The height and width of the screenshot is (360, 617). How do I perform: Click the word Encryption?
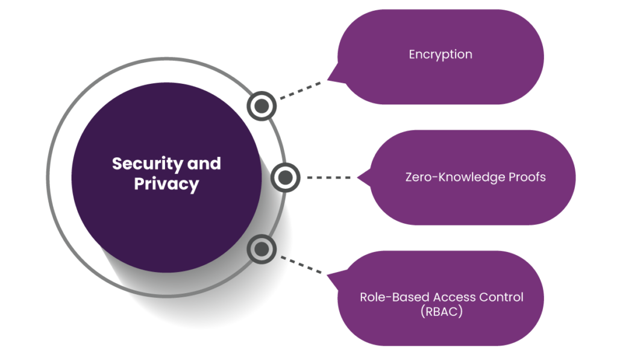(x=440, y=54)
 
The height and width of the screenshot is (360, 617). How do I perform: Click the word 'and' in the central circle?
(x=204, y=163)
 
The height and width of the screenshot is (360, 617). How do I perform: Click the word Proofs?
(x=527, y=177)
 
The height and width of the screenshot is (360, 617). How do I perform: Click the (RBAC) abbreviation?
(x=442, y=312)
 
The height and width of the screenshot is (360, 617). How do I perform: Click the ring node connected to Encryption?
(x=262, y=106)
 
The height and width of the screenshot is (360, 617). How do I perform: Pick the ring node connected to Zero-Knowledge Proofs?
(x=285, y=178)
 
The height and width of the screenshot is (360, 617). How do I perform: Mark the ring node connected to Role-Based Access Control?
(x=262, y=249)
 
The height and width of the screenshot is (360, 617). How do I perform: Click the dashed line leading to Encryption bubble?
(x=300, y=90)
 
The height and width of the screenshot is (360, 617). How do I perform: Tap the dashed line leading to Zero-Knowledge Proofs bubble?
(x=328, y=178)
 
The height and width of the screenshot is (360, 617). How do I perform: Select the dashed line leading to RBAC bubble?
(x=301, y=265)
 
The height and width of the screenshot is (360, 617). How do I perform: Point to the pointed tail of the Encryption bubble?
(x=328, y=80)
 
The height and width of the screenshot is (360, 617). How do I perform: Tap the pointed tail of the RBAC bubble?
(x=328, y=275)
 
